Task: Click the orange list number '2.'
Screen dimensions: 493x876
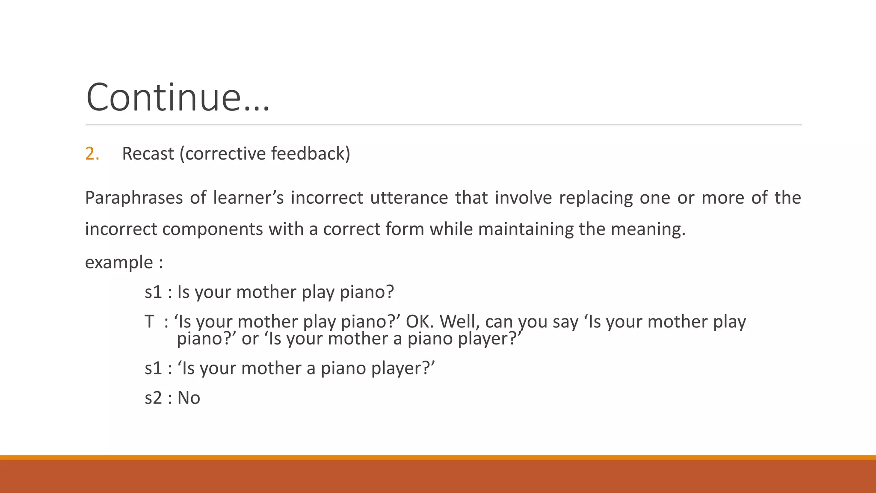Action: (92, 154)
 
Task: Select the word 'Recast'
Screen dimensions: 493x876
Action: (148, 154)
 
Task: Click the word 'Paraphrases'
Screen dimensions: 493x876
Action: (133, 198)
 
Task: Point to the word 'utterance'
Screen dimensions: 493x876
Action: (408, 198)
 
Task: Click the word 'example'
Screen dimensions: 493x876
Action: (119, 262)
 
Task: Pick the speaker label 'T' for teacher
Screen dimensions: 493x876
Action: (149, 322)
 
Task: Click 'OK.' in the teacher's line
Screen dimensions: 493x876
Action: (420, 322)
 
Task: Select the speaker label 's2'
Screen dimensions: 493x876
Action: (153, 398)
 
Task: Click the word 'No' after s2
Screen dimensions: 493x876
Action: (189, 398)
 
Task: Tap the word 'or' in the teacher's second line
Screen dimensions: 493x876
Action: (250, 339)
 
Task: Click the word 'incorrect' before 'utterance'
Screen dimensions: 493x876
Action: (327, 198)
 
